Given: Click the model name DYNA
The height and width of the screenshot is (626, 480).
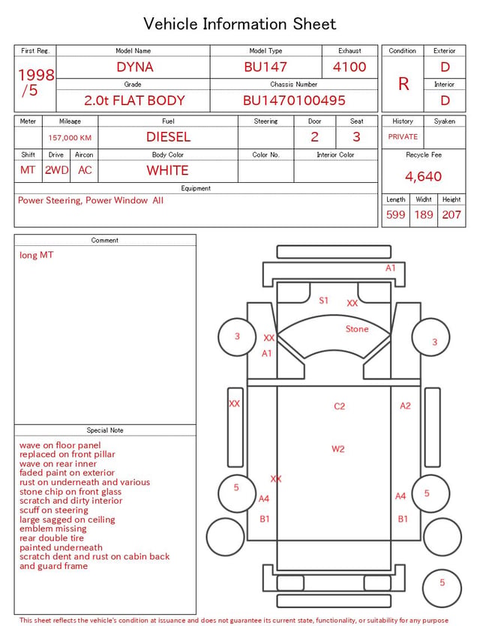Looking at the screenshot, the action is [x=135, y=67].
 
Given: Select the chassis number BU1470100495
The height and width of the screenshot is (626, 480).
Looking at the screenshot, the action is [x=294, y=100].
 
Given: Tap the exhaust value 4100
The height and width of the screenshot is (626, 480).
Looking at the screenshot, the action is [x=349, y=67].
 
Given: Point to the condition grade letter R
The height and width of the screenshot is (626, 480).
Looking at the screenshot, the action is [x=403, y=84].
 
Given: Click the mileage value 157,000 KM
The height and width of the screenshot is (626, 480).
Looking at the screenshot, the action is [x=70, y=138].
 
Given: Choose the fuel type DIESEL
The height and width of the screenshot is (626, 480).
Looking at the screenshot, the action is [x=169, y=137].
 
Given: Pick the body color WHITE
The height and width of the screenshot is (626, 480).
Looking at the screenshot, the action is [x=167, y=170].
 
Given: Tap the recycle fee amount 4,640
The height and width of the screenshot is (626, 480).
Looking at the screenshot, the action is [x=423, y=176].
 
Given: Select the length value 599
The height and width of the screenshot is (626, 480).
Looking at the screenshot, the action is [x=396, y=214].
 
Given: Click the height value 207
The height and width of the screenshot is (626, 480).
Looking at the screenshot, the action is [x=451, y=214].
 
